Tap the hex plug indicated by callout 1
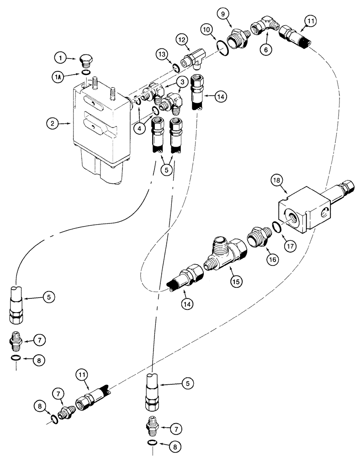pyautogui.click(x=85, y=60)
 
